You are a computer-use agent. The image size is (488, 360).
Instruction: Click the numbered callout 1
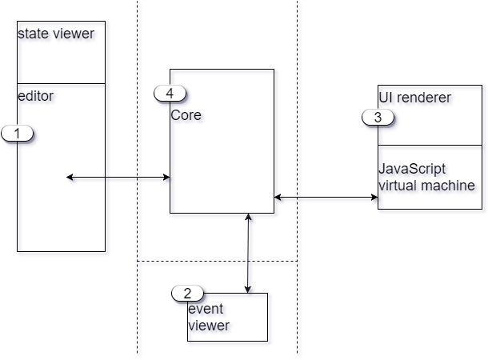(18, 134)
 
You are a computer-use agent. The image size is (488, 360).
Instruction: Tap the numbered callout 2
(188, 294)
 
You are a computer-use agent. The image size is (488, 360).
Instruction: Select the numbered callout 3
(378, 117)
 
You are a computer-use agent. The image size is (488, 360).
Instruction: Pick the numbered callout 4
(170, 93)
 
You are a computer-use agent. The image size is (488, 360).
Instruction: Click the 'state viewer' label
(57, 34)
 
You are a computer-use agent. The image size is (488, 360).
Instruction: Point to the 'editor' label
(36, 97)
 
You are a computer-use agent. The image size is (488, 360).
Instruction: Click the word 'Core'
(186, 116)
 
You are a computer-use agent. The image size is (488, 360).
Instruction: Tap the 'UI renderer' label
(416, 98)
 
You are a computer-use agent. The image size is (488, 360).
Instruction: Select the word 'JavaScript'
(413, 170)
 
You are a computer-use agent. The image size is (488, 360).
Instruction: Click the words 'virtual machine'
(427, 186)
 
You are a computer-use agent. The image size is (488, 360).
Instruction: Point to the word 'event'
(206, 310)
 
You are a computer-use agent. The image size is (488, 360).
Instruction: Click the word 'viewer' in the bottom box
(210, 326)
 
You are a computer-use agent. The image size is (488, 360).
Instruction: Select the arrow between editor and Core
(120, 180)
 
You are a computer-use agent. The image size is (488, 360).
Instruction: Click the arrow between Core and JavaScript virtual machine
(328, 198)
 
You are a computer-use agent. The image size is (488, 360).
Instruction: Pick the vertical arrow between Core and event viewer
(250, 252)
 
